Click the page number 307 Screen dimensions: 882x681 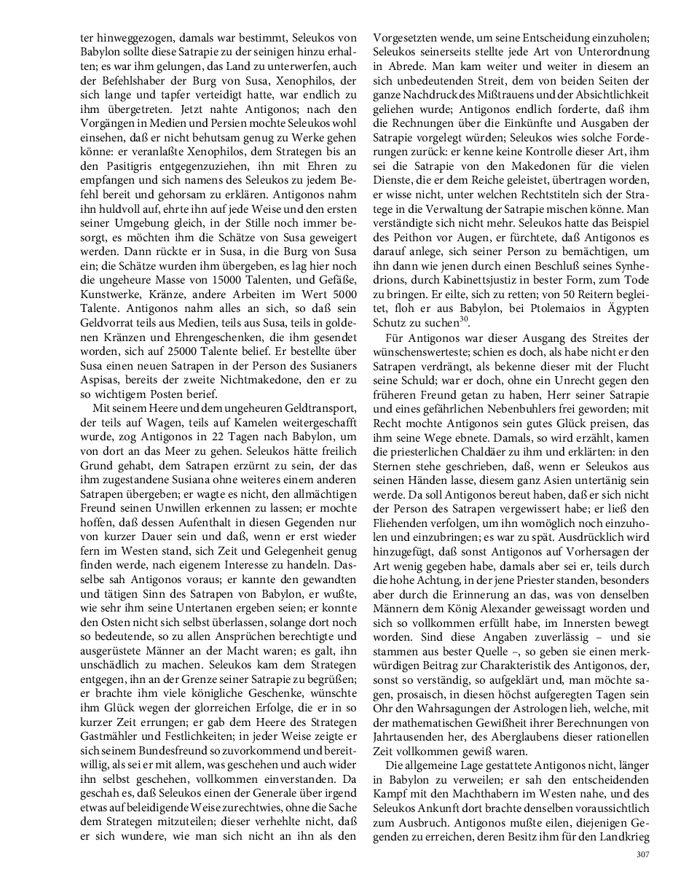pyautogui.click(x=642, y=854)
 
